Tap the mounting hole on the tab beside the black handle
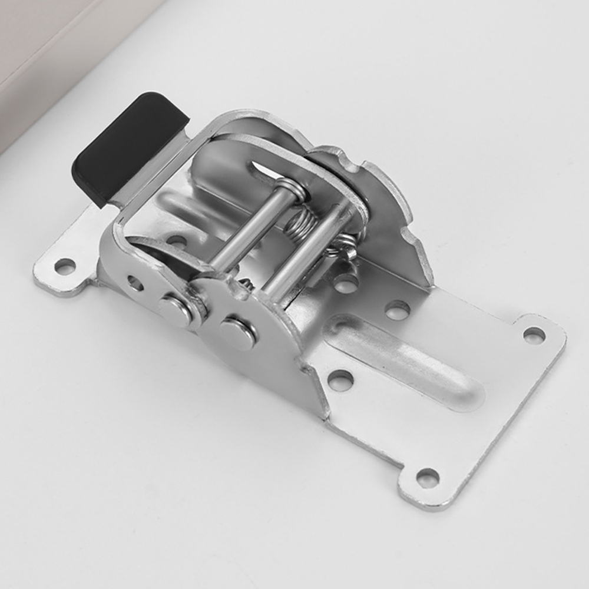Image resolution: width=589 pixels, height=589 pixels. pos(65,266)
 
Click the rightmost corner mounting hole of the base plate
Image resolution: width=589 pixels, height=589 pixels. pos(534,335)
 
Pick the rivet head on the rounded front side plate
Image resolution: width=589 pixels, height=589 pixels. pos(238,333)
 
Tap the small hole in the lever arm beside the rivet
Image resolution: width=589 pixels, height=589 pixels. pos(135,283)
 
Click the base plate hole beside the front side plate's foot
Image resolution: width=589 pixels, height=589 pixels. pos(340,380)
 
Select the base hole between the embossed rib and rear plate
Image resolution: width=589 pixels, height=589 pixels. pos(398,309)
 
